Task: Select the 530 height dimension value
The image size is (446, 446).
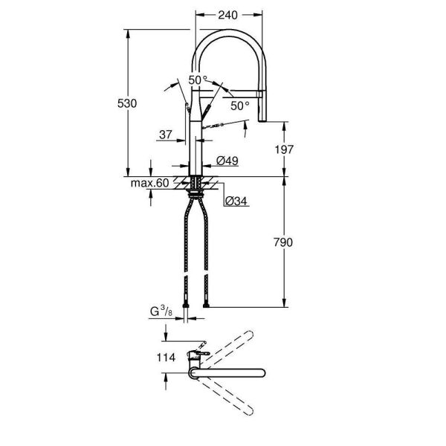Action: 128,104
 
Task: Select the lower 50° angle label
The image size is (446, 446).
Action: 239,106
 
